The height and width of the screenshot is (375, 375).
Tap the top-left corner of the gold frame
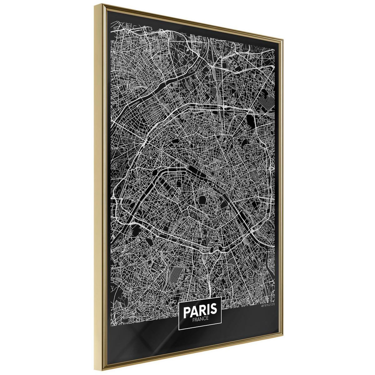tap(102, 4)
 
